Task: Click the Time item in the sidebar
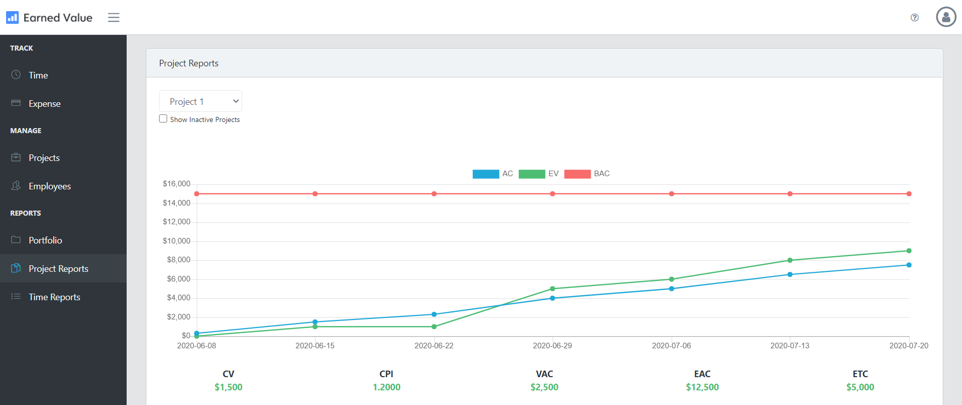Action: coord(38,75)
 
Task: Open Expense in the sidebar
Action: coord(44,104)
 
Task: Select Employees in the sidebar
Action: coord(49,186)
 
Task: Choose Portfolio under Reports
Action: coord(45,240)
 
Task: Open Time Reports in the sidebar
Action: coord(54,297)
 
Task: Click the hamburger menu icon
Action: coord(113,18)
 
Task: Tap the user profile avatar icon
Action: coord(945,17)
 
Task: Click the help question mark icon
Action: coord(914,18)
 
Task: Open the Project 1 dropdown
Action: coord(201,101)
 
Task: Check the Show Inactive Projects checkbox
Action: coord(163,119)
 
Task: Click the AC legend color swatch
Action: coord(485,174)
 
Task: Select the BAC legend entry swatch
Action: coord(577,174)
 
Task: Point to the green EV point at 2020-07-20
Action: coord(909,251)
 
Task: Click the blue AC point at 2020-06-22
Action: coord(434,314)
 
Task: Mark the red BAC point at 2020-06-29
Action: coord(553,194)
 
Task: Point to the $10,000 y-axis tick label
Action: coord(176,241)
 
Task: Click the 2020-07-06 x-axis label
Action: coord(671,346)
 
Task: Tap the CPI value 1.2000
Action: coord(387,387)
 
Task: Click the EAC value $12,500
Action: coord(702,387)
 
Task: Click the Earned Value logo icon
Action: coord(12,18)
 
